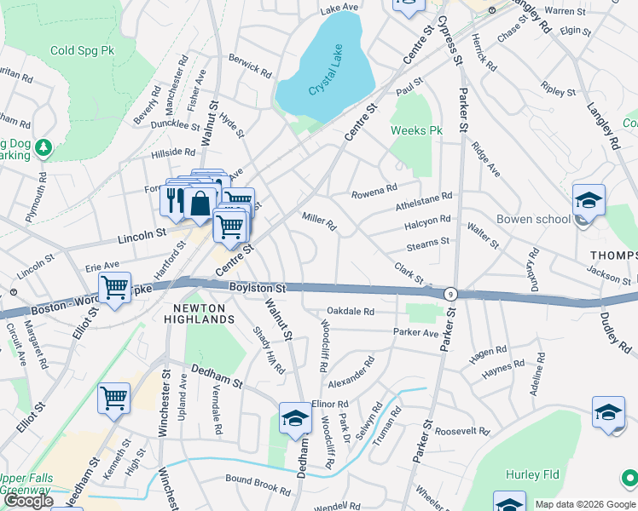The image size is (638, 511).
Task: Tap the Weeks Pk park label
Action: pos(416,131)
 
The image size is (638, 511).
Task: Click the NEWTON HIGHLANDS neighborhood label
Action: pos(204,313)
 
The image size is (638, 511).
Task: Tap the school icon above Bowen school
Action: pos(589,201)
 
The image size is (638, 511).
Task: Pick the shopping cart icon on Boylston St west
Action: pos(114,288)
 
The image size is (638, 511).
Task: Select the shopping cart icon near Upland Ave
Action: pos(114,397)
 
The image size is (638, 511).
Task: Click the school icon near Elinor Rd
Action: pos(295,418)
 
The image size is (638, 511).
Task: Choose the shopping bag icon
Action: pos(200,204)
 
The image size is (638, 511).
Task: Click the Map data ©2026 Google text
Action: pos(584,504)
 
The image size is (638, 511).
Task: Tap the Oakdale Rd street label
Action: pos(351,312)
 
